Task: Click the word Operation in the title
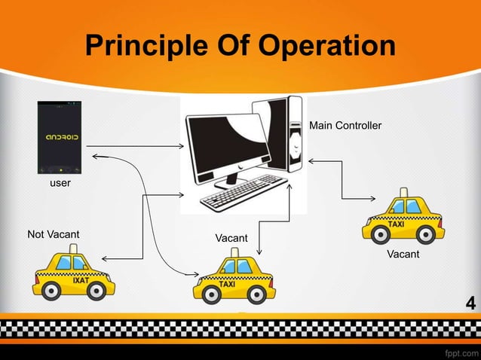pos(326,46)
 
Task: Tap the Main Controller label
pos(345,125)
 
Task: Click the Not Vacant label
pos(53,234)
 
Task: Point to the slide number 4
pos(470,304)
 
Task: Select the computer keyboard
pos(242,193)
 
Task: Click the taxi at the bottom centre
pos(234,280)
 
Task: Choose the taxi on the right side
pos(403,218)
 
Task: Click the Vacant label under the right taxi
pos(403,255)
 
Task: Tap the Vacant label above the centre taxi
pos(231,238)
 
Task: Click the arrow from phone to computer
pos(136,145)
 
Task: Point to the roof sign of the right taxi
pos(404,193)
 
